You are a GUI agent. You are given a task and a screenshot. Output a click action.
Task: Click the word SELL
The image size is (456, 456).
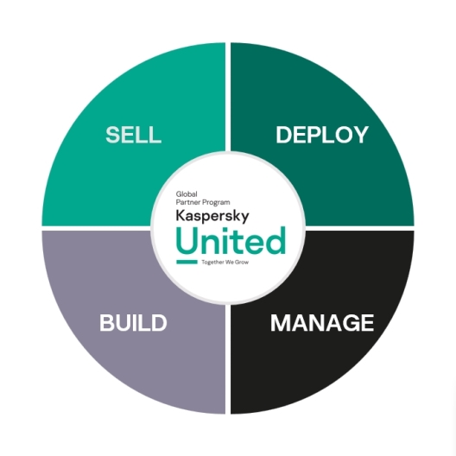point(133,135)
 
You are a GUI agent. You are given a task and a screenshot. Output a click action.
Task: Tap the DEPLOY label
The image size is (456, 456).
point(322,135)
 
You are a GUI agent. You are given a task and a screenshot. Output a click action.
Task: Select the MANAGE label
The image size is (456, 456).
point(322,323)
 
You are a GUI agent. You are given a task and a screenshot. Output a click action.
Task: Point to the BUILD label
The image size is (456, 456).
point(133,324)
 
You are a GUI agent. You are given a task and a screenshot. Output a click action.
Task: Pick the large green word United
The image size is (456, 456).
point(230,238)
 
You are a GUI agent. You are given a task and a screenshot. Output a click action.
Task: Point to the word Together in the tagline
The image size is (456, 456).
point(213,261)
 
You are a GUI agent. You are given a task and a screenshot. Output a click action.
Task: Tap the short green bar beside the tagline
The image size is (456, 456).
point(187,261)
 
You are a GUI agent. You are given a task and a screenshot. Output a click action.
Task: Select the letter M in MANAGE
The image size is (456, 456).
point(280,323)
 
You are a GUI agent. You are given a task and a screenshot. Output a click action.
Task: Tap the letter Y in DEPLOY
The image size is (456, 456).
point(361,135)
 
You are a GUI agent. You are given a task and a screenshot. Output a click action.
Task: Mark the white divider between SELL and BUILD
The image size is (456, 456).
point(95,229)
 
